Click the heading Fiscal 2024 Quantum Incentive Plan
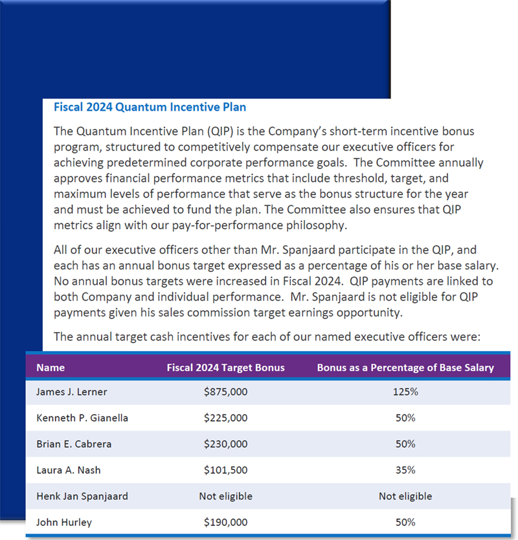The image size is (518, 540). [x=150, y=107]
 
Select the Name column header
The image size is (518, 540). [x=51, y=368]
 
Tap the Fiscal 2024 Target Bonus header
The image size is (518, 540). [x=225, y=368]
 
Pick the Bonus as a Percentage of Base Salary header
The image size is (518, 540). [x=405, y=368]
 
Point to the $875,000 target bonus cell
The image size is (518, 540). [x=225, y=392]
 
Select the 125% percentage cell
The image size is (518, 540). [x=405, y=392]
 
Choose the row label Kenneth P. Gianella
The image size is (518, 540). [x=82, y=418]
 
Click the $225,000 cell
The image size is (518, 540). [x=225, y=418]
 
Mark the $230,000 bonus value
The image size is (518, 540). [x=225, y=444]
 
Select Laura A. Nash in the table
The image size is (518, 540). [x=69, y=470]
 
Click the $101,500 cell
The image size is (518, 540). [x=225, y=470]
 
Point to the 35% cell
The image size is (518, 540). [x=405, y=470]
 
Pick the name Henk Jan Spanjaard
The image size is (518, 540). [x=82, y=496]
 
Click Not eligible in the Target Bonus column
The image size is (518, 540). [x=225, y=496]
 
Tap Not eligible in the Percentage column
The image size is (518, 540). [x=405, y=496]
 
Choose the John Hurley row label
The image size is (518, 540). [x=64, y=522]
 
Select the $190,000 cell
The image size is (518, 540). [x=225, y=522]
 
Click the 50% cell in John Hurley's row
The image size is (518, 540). [x=405, y=522]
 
